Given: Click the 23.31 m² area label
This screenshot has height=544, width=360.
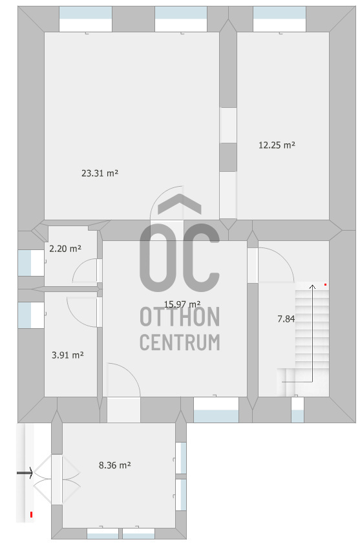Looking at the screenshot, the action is pyautogui.click(x=100, y=173).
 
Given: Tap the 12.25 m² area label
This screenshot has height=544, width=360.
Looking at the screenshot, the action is pyautogui.click(x=277, y=145).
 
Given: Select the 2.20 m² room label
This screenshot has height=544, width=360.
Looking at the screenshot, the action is pyautogui.click(x=65, y=248).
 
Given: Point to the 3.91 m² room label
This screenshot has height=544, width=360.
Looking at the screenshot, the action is pyautogui.click(x=68, y=355).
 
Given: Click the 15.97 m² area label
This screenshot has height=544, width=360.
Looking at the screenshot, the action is pyautogui.click(x=182, y=304).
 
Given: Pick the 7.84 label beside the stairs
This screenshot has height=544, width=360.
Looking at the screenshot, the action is pyautogui.click(x=286, y=319).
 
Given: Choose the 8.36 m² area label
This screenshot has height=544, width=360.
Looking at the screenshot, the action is pyautogui.click(x=115, y=465).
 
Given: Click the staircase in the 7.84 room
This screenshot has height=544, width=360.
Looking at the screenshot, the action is pyautogui.click(x=303, y=339).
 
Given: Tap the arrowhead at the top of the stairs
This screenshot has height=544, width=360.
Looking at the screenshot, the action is pyautogui.click(x=312, y=287).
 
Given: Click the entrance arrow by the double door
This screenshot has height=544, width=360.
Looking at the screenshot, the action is pyautogui.click(x=25, y=472).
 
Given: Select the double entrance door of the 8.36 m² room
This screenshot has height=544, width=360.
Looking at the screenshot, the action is pyautogui.click(x=57, y=480).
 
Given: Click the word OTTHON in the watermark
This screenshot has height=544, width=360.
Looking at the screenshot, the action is pyautogui.click(x=180, y=317).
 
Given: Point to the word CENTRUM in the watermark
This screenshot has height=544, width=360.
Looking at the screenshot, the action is pyautogui.click(x=180, y=342).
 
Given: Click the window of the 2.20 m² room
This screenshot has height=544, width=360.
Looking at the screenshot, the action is pyautogui.click(x=31, y=263).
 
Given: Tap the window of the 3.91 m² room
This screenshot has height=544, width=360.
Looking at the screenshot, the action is pyautogui.click(x=31, y=315).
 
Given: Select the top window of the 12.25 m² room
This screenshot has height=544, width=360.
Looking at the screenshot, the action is pyautogui.click(x=279, y=19).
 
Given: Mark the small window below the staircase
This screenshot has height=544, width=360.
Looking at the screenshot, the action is pyautogui.click(x=297, y=410).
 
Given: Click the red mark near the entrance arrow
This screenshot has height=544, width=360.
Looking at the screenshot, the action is pyautogui.click(x=31, y=514).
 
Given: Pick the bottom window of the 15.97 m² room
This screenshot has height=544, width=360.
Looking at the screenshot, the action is pyautogui.click(x=216, y=410).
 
